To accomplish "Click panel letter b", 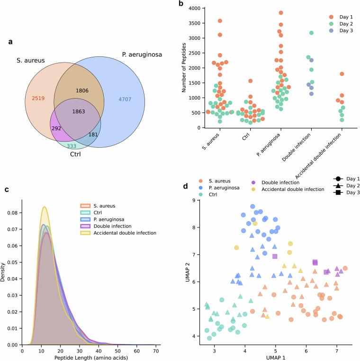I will coord(180,4).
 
